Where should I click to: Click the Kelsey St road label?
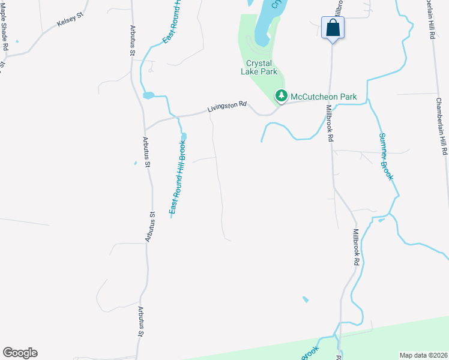[68, 22]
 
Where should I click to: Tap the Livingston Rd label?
[228, 107]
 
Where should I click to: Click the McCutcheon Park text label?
[324, 97]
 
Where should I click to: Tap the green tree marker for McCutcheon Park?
[281, 95]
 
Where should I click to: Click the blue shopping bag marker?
[333, 28]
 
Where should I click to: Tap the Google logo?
[20, 353]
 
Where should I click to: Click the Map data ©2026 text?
[424, 355]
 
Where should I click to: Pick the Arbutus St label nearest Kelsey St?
[133, 40]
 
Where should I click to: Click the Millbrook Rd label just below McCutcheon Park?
[330, 123]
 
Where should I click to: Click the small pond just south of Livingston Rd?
[183, 136]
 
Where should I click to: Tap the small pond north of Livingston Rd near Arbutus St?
[148, 95]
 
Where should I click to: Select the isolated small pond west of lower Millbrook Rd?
[306, 299]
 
